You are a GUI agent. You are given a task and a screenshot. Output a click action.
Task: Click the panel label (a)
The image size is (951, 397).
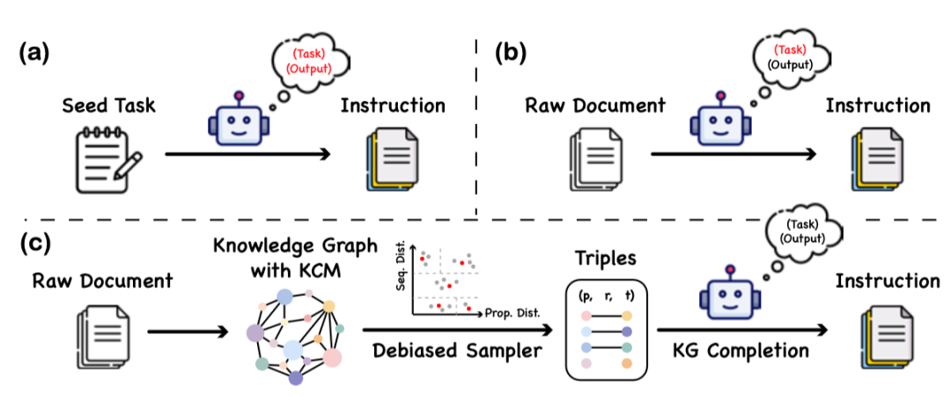tap(34, 52)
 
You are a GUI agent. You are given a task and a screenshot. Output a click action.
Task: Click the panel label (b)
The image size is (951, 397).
tap(511, 52)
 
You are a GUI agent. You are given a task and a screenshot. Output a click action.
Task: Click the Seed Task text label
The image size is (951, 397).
tap(107, 106)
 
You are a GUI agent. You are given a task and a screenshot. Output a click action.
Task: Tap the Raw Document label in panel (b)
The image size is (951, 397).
tap(595, 106)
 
